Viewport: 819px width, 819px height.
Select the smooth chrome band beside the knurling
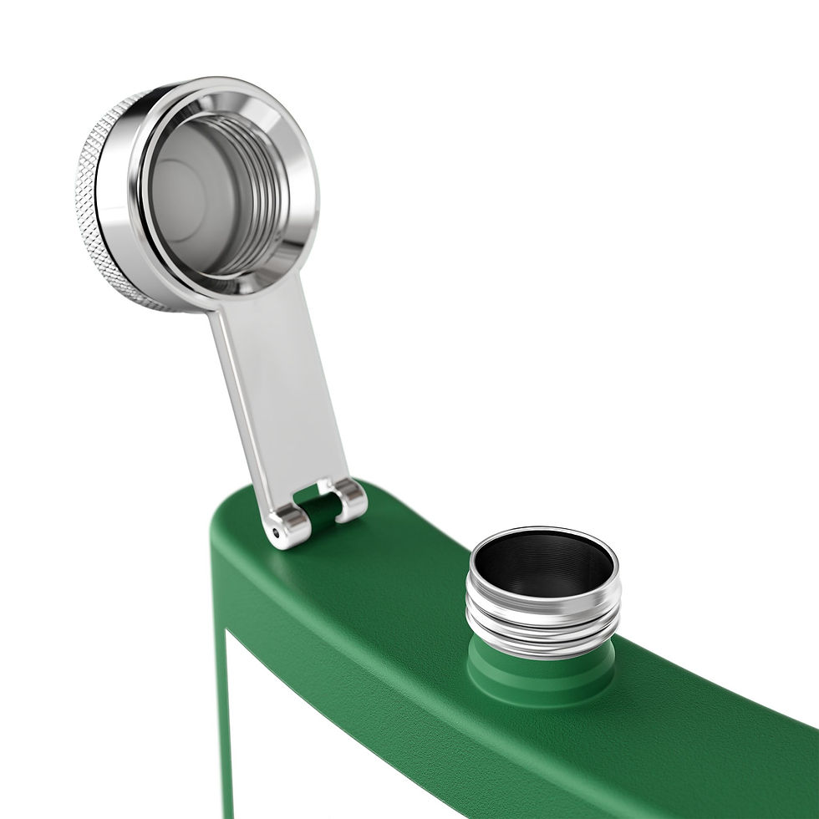click(x=117, y=209)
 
